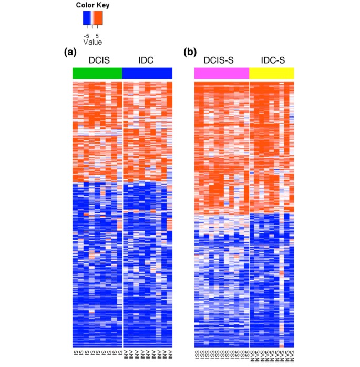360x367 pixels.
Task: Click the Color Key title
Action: coord(92,5)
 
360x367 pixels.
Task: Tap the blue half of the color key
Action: coord(87,19)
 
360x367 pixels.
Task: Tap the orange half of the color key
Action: coord(98,19)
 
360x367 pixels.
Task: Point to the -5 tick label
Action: coord(86,36)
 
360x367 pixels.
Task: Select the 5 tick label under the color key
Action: coord(97,36)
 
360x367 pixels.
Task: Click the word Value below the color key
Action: coord(92,42)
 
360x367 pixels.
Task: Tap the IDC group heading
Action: coord(146,60)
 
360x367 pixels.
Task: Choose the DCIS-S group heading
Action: coord(222,60)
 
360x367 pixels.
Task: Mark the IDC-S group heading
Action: coord(271,60)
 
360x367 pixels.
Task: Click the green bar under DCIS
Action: coord(97,73)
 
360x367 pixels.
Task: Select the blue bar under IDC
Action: coord(147,73)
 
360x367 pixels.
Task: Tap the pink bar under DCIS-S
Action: coord(221,73)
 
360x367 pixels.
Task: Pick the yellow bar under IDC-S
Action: coord(271,73)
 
